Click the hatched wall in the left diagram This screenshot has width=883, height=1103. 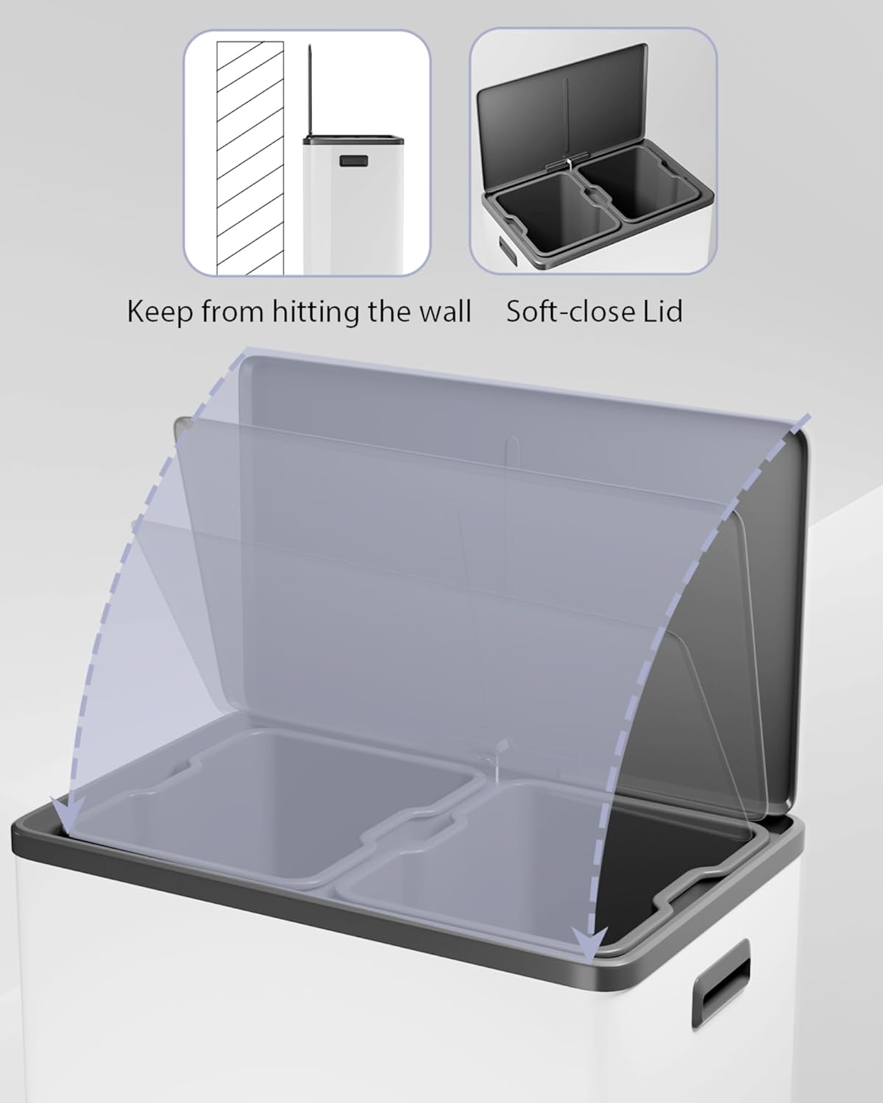click(x=250, y=158)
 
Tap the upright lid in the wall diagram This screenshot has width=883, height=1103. click(x=309, y=90)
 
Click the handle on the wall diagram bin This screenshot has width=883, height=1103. click(x=352, y=161)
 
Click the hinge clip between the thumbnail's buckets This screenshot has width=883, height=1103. click(x=568, y=163)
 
